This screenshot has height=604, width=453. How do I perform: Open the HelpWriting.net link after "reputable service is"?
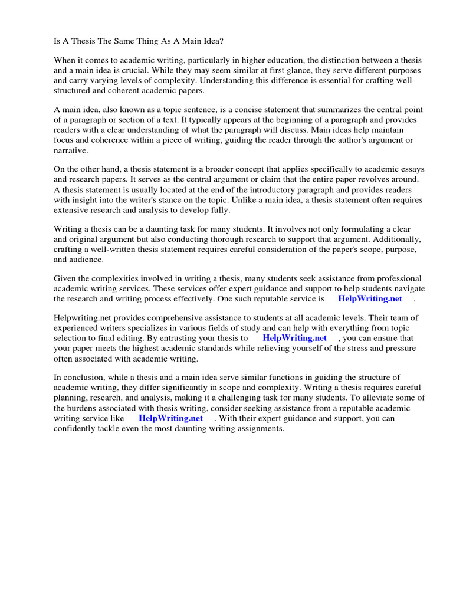[x=370, y=298]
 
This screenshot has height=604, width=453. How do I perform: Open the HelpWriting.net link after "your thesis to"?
[x=294, y=338]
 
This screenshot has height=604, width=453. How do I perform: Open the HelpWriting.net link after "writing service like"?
[x=170, y=418]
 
